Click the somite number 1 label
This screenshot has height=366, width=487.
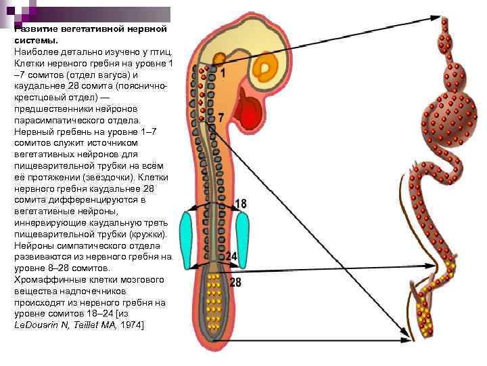tap(221, 73)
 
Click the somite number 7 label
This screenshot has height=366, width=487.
tap(219, 118)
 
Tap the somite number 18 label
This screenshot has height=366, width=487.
tap(241, 203)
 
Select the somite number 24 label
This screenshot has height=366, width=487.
tap(231, 257)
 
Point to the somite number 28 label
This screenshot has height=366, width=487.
tap(235, 281)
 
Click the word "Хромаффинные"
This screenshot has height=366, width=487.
tap(47, 279)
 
